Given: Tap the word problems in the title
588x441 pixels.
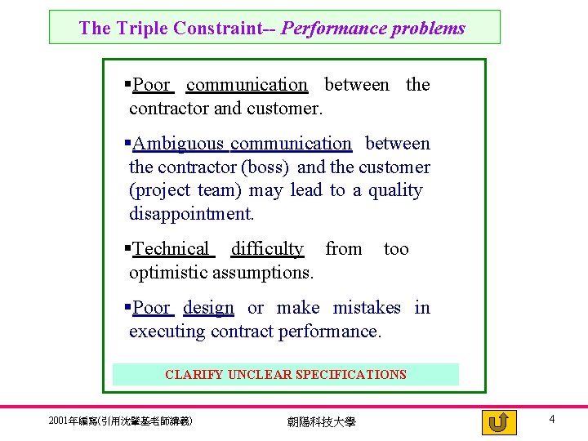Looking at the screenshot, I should pos(429,29).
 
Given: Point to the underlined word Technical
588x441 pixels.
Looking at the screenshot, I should pos(171,249).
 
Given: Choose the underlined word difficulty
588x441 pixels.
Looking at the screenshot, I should pos(267,249).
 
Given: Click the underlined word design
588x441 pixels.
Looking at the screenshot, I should pos(208,308).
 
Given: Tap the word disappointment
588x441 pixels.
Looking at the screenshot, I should pos(192,214).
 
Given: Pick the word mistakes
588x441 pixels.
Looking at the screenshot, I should pos(367,308).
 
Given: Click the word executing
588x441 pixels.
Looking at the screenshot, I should pos(167,332).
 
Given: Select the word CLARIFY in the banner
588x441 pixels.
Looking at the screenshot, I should pos(194,375).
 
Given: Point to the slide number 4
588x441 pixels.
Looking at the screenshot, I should pos(552,419).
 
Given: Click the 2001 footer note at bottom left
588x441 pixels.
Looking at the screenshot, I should pos(121,421).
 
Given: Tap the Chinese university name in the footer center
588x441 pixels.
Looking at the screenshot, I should pos(321,422).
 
